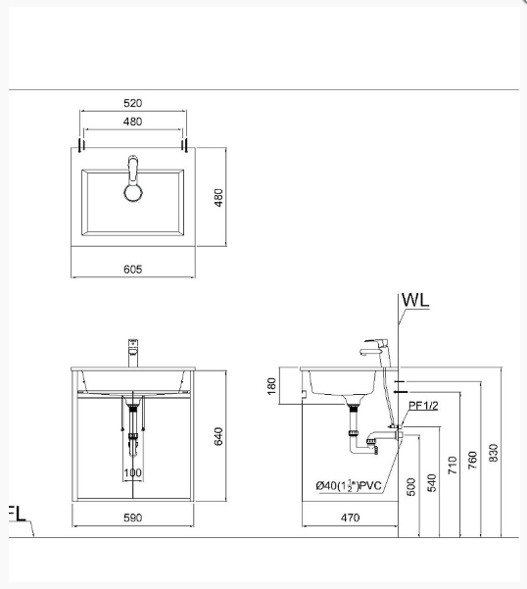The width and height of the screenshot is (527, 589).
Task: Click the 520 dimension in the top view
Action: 133,102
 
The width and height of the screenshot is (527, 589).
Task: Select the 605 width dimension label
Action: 133,270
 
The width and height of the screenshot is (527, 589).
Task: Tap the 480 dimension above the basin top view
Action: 133,122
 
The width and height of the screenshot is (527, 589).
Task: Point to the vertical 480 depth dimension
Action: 219,198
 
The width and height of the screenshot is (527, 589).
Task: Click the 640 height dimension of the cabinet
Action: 219,434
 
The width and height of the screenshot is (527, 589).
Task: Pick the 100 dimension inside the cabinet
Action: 132,473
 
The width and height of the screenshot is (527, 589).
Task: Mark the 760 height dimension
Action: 474,458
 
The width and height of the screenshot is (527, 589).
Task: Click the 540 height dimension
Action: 432,483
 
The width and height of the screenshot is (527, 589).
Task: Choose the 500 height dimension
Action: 411,486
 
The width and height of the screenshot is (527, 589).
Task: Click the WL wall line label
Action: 415,300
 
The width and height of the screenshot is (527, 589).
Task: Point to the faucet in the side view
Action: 376,350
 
